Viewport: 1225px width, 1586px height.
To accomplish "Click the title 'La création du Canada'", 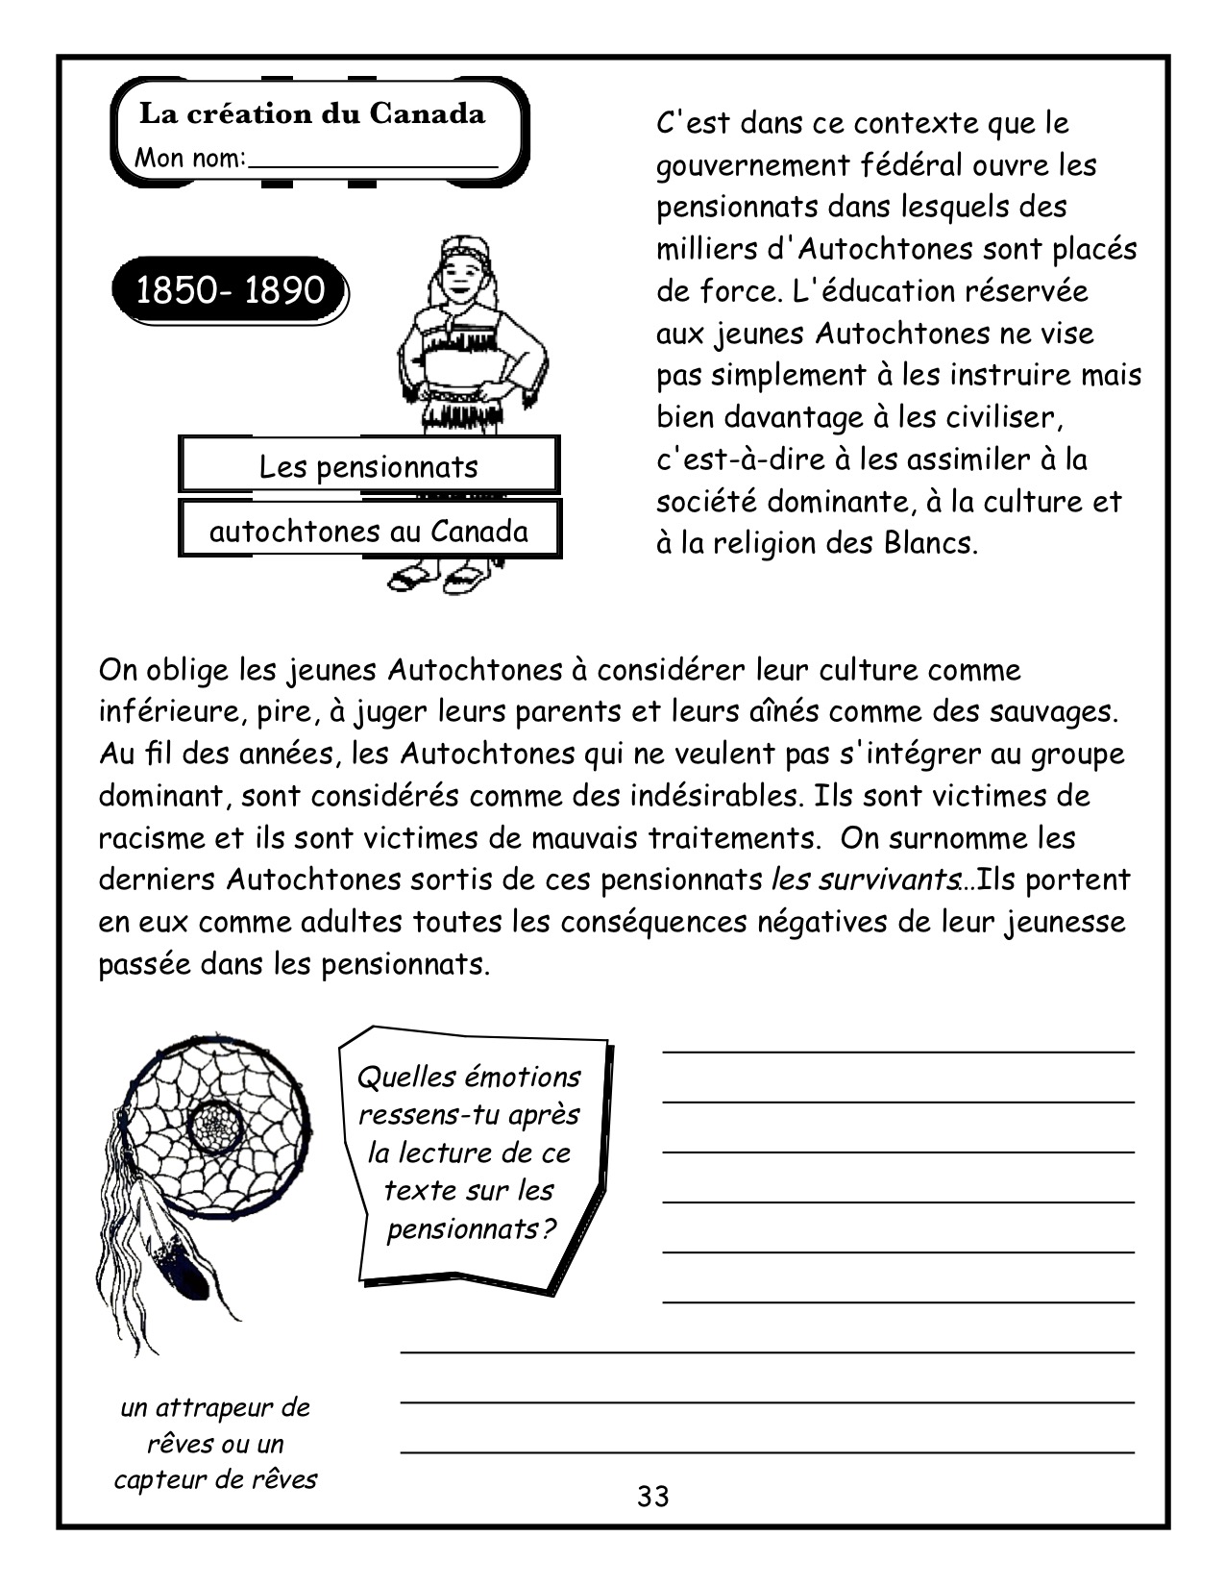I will [x=312, y=114].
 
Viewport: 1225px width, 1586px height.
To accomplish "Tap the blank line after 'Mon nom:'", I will [x=373, y=163].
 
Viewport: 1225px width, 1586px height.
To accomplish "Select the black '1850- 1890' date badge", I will [x=230, y=289].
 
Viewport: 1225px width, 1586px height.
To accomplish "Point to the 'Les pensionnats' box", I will [x=368, y=466].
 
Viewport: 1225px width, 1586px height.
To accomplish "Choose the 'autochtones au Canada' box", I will [x=368, y=531].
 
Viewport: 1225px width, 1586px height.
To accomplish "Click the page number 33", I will [x=652, y=1496].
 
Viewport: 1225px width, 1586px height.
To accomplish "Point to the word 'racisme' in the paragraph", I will [x=158, y=838].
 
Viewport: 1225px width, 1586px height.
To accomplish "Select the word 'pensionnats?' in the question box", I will [x=471, y=1228].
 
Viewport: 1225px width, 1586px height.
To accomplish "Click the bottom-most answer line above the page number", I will [x=767, y=1450].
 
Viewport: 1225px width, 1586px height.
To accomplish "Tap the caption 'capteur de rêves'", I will [x=215, y=1478].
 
